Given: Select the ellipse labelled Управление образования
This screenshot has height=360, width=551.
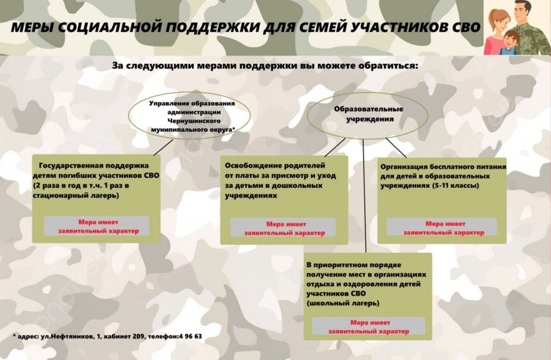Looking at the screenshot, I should coord(192,117).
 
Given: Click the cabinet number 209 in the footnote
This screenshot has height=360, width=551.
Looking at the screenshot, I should coord(130,336).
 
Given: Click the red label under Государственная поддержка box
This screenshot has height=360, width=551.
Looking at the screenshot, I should coord(96,226).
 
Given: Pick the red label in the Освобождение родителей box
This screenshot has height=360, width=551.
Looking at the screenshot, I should coord(284,228).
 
